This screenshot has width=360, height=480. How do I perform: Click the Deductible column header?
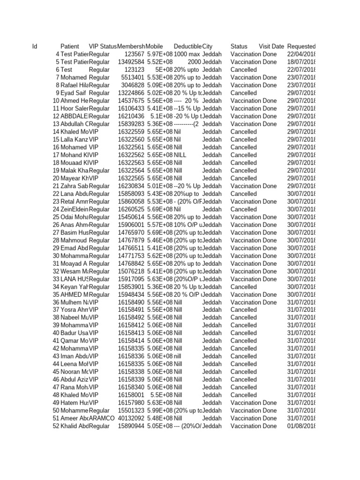pyautogui.click(x=187, y=46)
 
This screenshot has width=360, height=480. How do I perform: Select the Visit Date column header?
pyautogui.click(x=271, y=46)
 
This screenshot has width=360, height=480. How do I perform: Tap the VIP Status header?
pyautogui.click(x=103, y=46)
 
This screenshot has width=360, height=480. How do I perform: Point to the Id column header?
pyautogui.click(x=35, y=46)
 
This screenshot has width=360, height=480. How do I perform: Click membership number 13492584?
pyautogui.click(x=131, y=62)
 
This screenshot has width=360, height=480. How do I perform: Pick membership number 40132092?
pyautogui.click(x=131, y=418)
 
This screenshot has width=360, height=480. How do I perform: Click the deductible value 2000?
pyautogui.click(x=194, y=62)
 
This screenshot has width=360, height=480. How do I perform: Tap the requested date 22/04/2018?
pyautogui.click(x=301, y=54)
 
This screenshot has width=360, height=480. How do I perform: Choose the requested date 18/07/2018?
pyautogui.click(x=301, y=62)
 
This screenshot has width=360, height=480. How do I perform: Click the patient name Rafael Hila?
pyautogui.click(x=74, y=85)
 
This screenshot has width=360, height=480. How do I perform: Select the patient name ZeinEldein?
pyautogui.click(x=74, y=209)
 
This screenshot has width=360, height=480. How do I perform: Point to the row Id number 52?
pyautogui.click(x=56, y=426)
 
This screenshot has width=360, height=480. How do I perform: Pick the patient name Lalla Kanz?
pyautogui.click(x=74, y=139)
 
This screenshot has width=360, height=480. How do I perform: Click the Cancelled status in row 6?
pyautogui.click(x=243, y=70)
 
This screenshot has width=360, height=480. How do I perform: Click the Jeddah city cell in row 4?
pyautogui.click(x=212, y=54)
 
